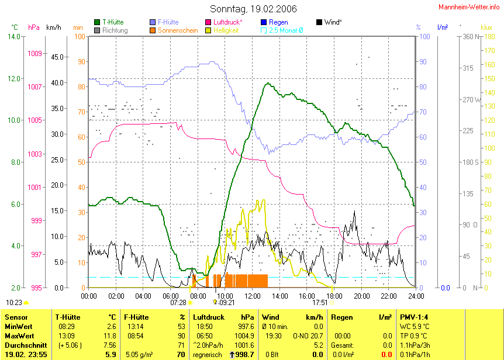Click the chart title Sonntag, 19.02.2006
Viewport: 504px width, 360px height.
253,9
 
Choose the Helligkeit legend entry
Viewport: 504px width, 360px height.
226,30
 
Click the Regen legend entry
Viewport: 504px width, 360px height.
278,22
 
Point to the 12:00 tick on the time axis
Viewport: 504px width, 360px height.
252,296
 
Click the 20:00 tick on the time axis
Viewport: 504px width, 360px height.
361,296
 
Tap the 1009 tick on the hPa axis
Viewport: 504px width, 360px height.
35,53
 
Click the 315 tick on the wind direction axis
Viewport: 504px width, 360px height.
468,68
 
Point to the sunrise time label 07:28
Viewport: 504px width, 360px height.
178,303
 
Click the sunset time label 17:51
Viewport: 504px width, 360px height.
320,303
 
